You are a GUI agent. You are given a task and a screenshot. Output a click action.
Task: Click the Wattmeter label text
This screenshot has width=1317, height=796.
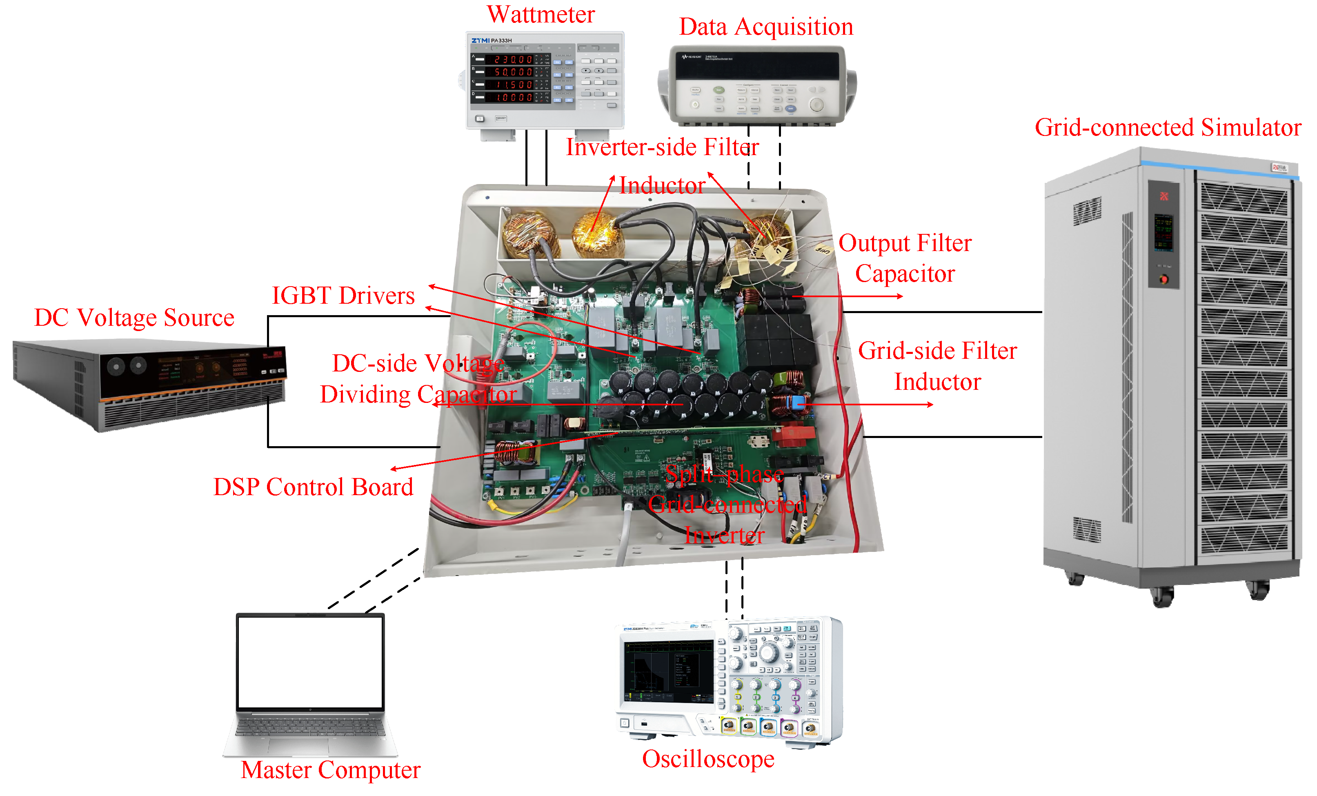[541, 14]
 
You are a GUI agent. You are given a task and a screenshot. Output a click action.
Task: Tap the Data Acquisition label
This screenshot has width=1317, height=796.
[765, 27]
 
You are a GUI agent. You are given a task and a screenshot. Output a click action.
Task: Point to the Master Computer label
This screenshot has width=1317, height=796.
[330, 770]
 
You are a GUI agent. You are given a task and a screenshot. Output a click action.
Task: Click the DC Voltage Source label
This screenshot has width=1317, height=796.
[134, 318]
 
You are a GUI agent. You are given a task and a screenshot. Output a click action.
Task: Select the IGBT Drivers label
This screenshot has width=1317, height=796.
[343, 296]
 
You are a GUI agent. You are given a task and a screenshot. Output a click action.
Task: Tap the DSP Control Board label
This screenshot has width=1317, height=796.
[313, 487]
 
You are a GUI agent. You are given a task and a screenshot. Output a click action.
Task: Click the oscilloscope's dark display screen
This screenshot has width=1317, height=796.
[669, 671]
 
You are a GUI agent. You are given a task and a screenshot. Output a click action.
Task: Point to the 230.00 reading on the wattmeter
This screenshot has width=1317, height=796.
[513, 59]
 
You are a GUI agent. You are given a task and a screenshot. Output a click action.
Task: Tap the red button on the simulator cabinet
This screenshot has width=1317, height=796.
[1163, 279]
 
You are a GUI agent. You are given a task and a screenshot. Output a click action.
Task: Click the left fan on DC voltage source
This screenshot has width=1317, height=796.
[116, 367]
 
